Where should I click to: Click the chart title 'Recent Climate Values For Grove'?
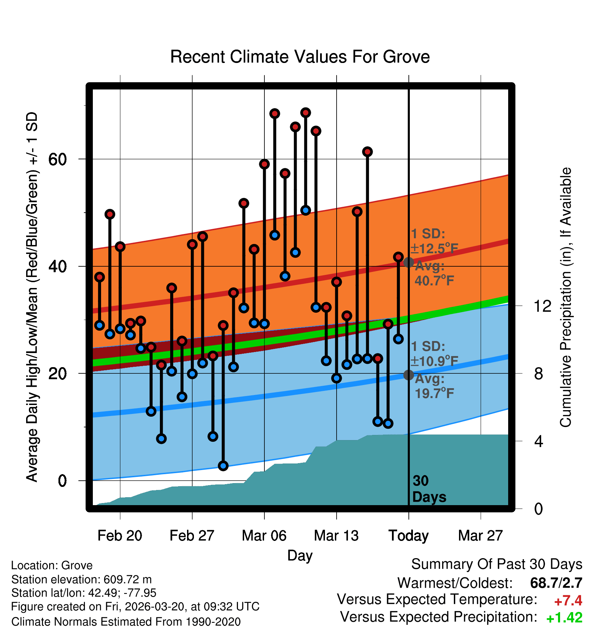coord(300,57)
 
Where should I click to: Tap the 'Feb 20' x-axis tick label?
coord(120,535)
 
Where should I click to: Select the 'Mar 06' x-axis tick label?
coord(264,535)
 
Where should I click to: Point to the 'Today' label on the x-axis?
coord(408,535)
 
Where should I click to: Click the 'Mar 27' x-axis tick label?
coord(480,535)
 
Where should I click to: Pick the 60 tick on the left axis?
coord(57,159)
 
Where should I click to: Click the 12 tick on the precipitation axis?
coord(542,306)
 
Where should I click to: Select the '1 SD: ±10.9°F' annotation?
coord(434,354)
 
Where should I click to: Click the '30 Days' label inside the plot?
coord(428,489)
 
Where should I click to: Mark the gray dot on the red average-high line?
coord(408,262)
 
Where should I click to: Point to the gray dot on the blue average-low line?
coord(408,375)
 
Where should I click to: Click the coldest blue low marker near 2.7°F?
coord(223,466)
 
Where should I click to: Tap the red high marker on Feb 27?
coord(192,244)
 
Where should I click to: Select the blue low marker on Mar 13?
coord(337,378)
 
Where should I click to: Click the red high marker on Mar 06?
coord(264,164)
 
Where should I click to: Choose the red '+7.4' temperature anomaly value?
coord(568,601)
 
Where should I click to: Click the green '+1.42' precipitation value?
coord(564,618)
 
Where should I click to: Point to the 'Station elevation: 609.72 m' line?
coord(81,579)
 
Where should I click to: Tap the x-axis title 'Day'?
coord(300,556)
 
